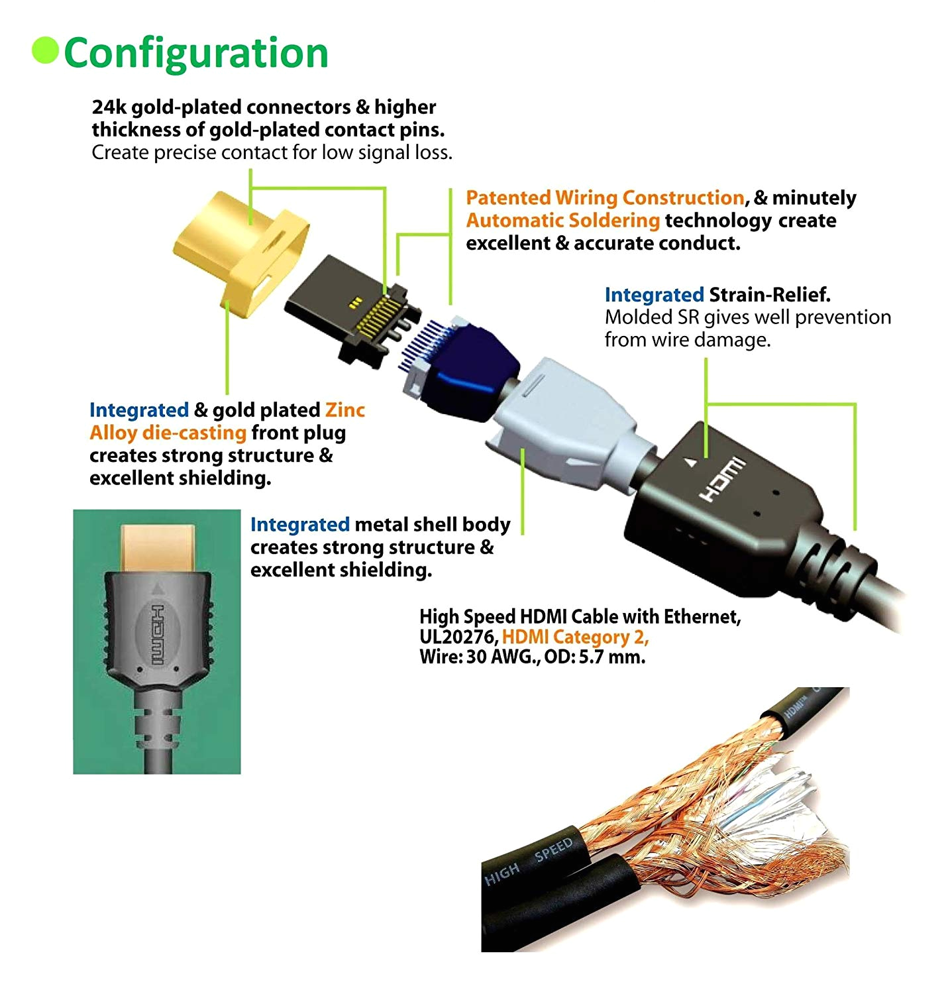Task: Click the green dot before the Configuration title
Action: click(45, 51)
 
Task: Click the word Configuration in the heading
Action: click(196, 53)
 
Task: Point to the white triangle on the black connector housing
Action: click(691, 463)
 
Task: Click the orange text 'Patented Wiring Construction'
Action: click(605, 198)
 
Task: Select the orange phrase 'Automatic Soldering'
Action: click(562, 221)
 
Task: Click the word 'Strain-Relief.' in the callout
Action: click(770, 295)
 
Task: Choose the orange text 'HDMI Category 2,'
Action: click(575, 637)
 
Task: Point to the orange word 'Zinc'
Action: click(344, 410)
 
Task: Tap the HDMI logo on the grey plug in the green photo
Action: click(158, 635)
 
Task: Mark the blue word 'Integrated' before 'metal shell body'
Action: click(299, 525)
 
